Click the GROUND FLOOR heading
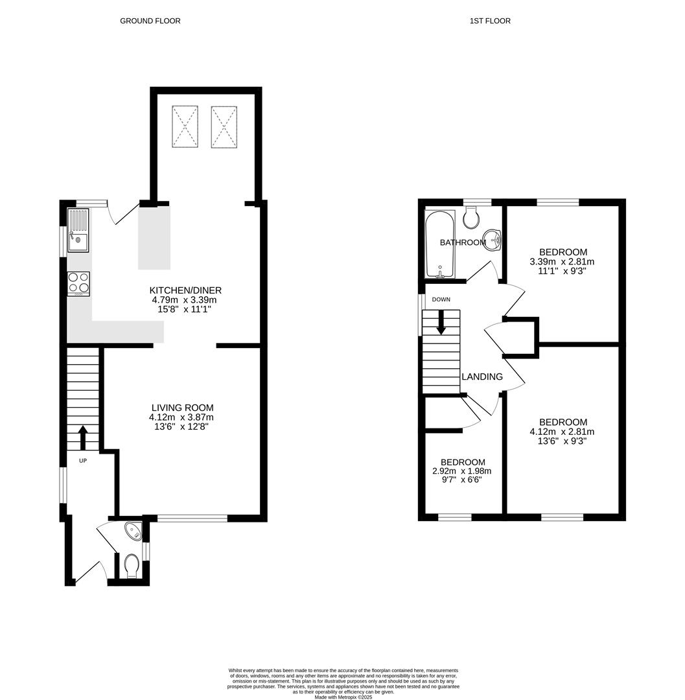click(150, 21)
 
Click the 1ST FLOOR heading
click(490, 21)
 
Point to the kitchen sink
click(78, 233)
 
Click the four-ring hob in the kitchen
click(78, 283)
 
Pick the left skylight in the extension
click(185, 127)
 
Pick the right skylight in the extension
click(224, 127)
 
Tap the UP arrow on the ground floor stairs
click(83, 437)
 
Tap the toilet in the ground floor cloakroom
click(131, 565)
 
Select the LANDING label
click(482, 377)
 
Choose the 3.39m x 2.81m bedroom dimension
click(562, 262)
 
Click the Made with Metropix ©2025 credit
click(344, 697)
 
